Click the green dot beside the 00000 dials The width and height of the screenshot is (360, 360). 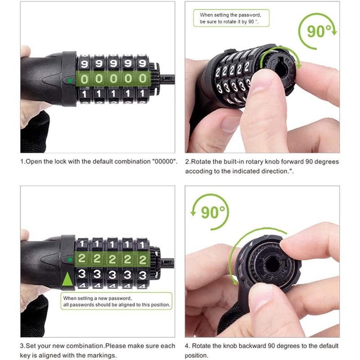point(70,81)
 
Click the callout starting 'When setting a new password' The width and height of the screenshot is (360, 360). point(117,301)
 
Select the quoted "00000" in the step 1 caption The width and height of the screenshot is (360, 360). point(165,162)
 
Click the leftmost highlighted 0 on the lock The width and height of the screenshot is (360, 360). point(85,79)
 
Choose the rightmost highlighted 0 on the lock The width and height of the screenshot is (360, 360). point(143,79)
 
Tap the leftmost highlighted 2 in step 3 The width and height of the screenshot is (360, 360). point(82,259)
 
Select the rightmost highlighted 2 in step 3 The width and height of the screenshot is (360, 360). point(142,259)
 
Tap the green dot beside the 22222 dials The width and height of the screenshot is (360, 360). point(70,260)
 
